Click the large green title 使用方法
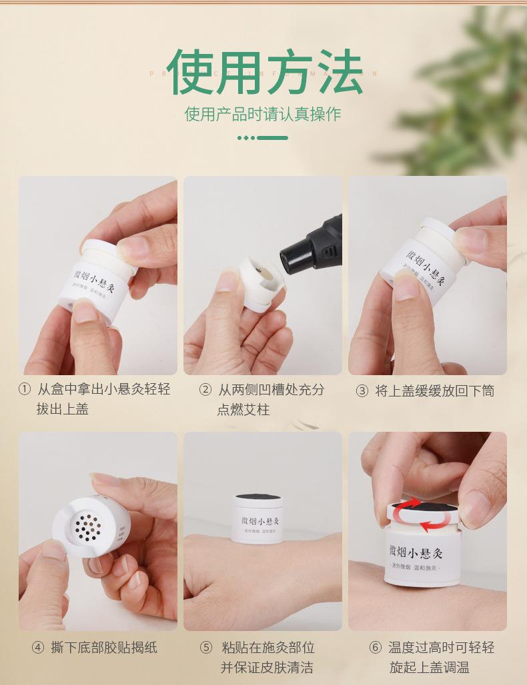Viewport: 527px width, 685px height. (x=264, y=71)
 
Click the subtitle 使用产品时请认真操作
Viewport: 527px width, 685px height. (x=263, y=114)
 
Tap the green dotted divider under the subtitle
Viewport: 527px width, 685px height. (x=263, y=138)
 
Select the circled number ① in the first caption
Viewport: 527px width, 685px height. (x=24, y=389)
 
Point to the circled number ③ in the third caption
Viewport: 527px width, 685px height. (x=362, y=391)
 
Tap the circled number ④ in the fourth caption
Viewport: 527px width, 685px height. (x=38, y=647)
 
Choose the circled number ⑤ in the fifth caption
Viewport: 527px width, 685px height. (x=206, y=648)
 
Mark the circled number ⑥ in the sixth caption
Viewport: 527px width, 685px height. (x=376, y=648)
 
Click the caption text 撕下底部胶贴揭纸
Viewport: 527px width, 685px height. (x=104, y=647)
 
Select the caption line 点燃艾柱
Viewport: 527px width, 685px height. (x=243, y=409)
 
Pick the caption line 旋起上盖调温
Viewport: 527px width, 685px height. (x=430, y=667)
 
